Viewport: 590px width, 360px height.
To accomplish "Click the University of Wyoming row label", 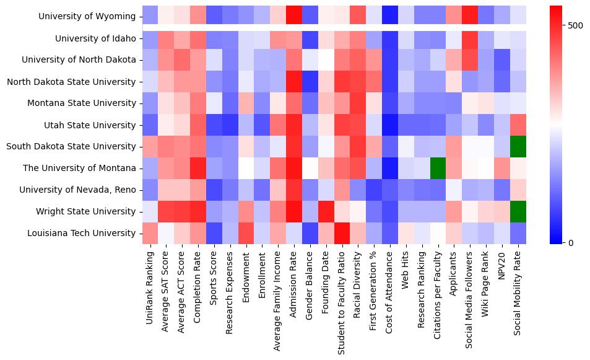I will click(95, 17).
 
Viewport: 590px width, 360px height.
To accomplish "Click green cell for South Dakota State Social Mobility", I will click(518, 147).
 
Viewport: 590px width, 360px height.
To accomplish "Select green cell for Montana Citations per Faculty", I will click(438, 168).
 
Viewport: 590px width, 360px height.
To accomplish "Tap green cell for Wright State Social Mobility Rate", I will click(518, 211).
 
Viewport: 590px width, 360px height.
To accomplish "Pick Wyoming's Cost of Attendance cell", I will click(389, 17).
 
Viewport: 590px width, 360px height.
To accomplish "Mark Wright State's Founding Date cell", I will click(325, 211).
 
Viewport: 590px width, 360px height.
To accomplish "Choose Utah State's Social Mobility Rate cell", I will click(518, 125).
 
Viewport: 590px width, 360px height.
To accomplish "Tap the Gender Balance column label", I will click(309, 286).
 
